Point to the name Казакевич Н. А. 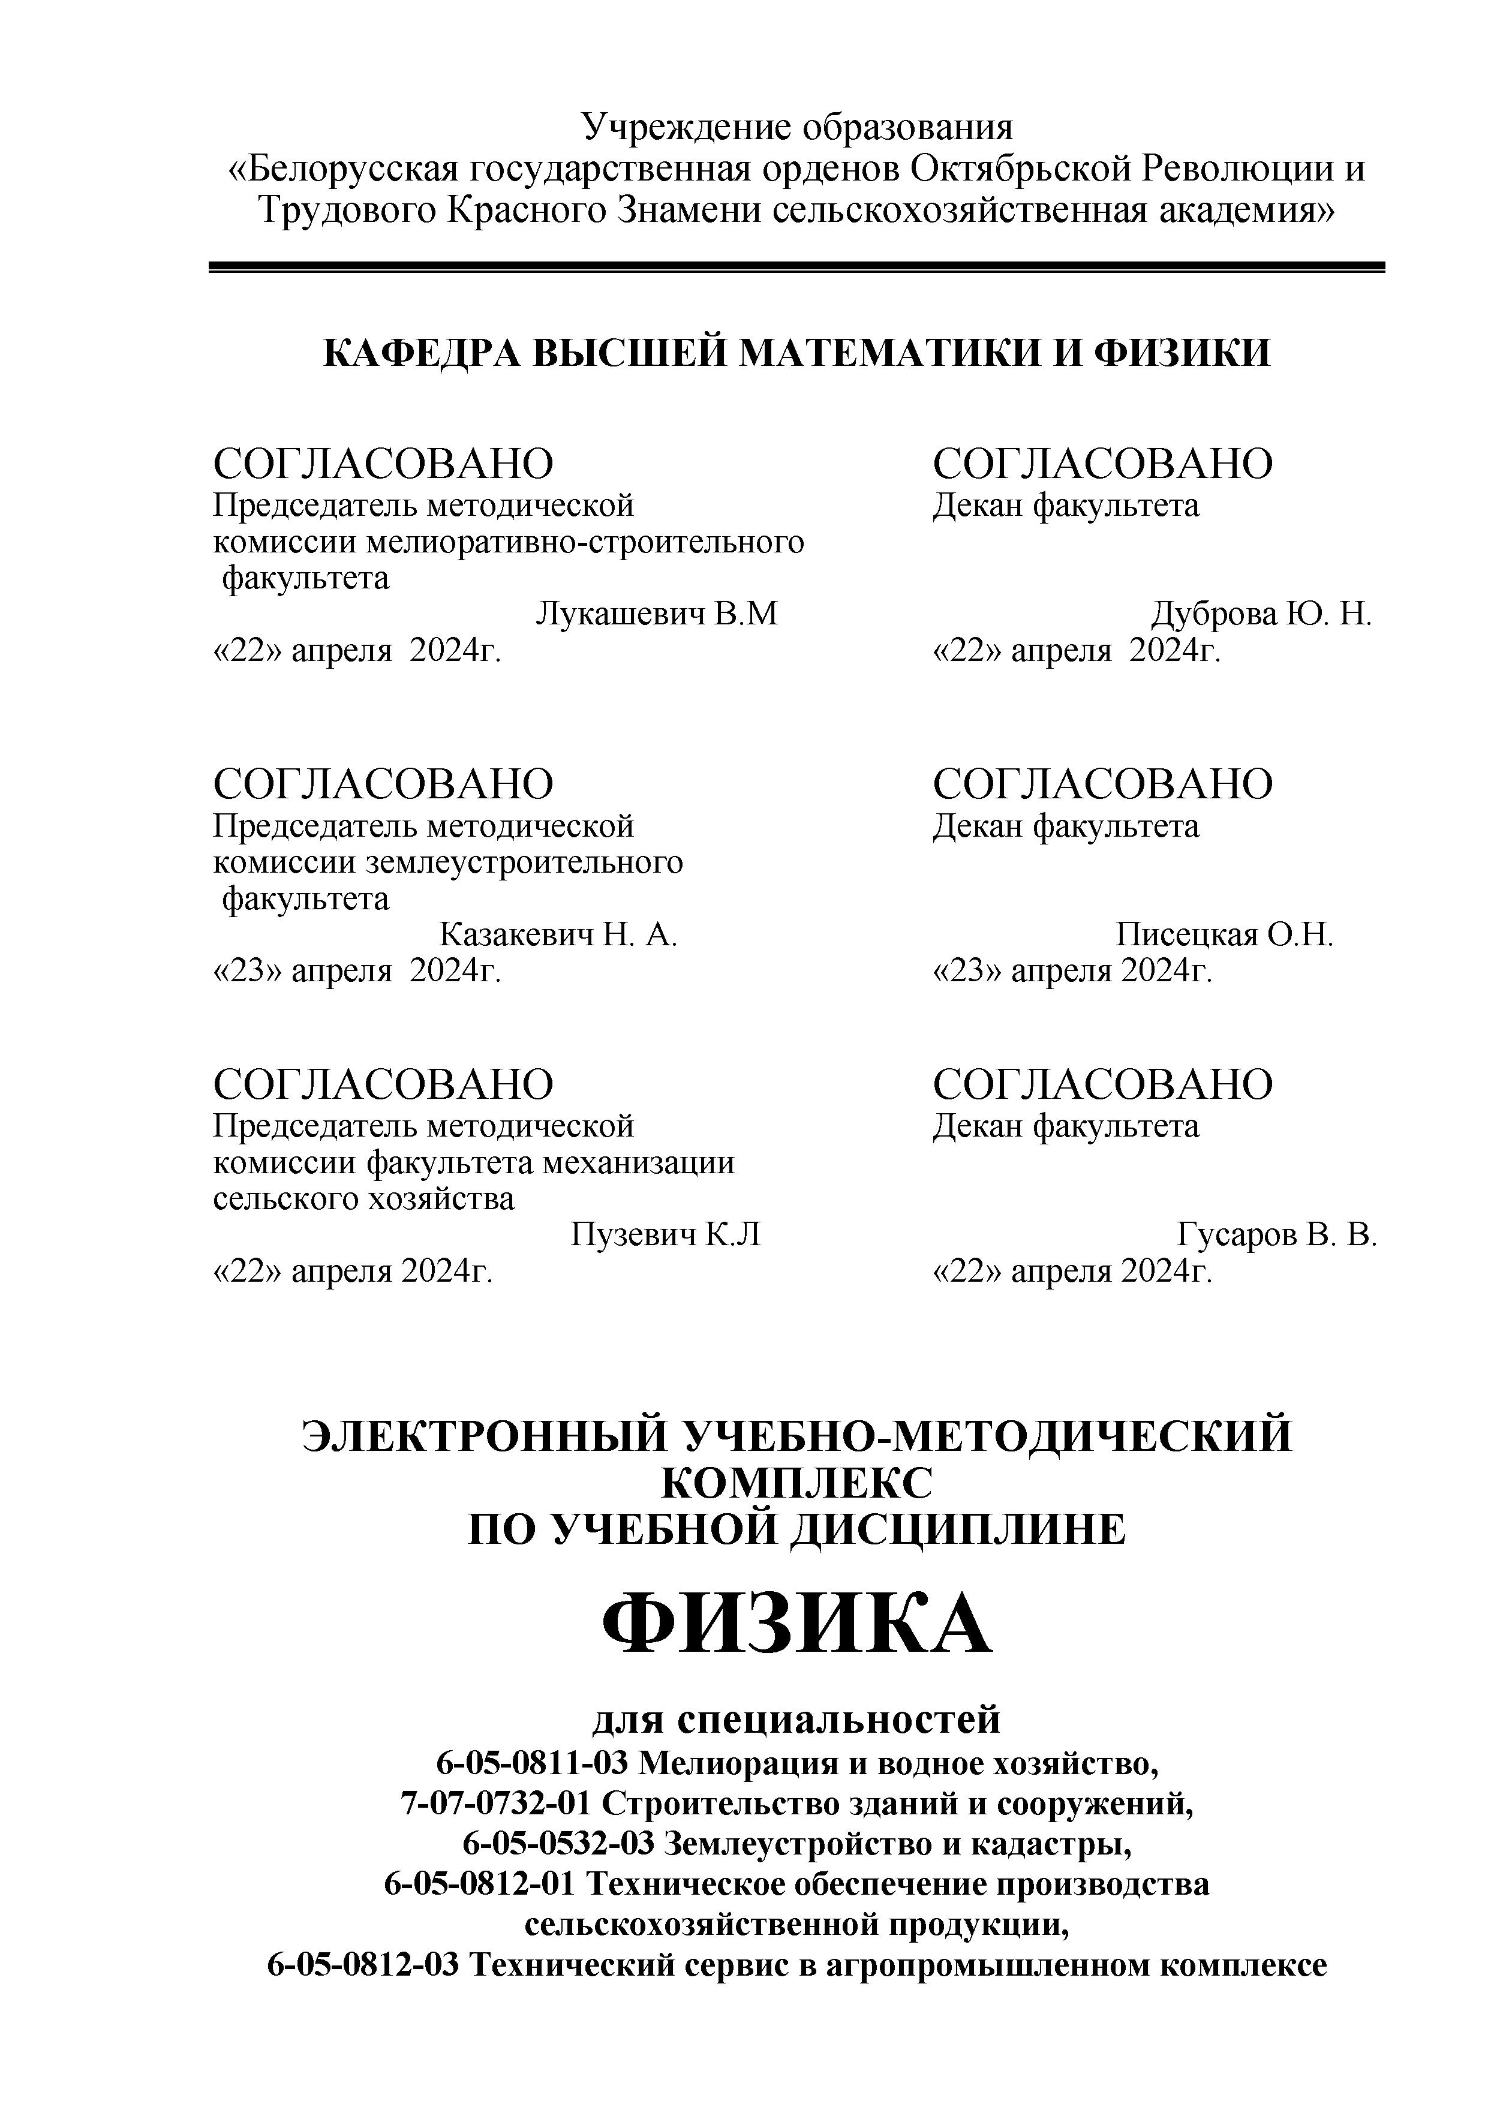coord(558,934)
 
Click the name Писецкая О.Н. coord(1224,934)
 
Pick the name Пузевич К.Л coord(665,1236)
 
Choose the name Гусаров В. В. coord(1276,1236)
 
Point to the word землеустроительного coord(524,862)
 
